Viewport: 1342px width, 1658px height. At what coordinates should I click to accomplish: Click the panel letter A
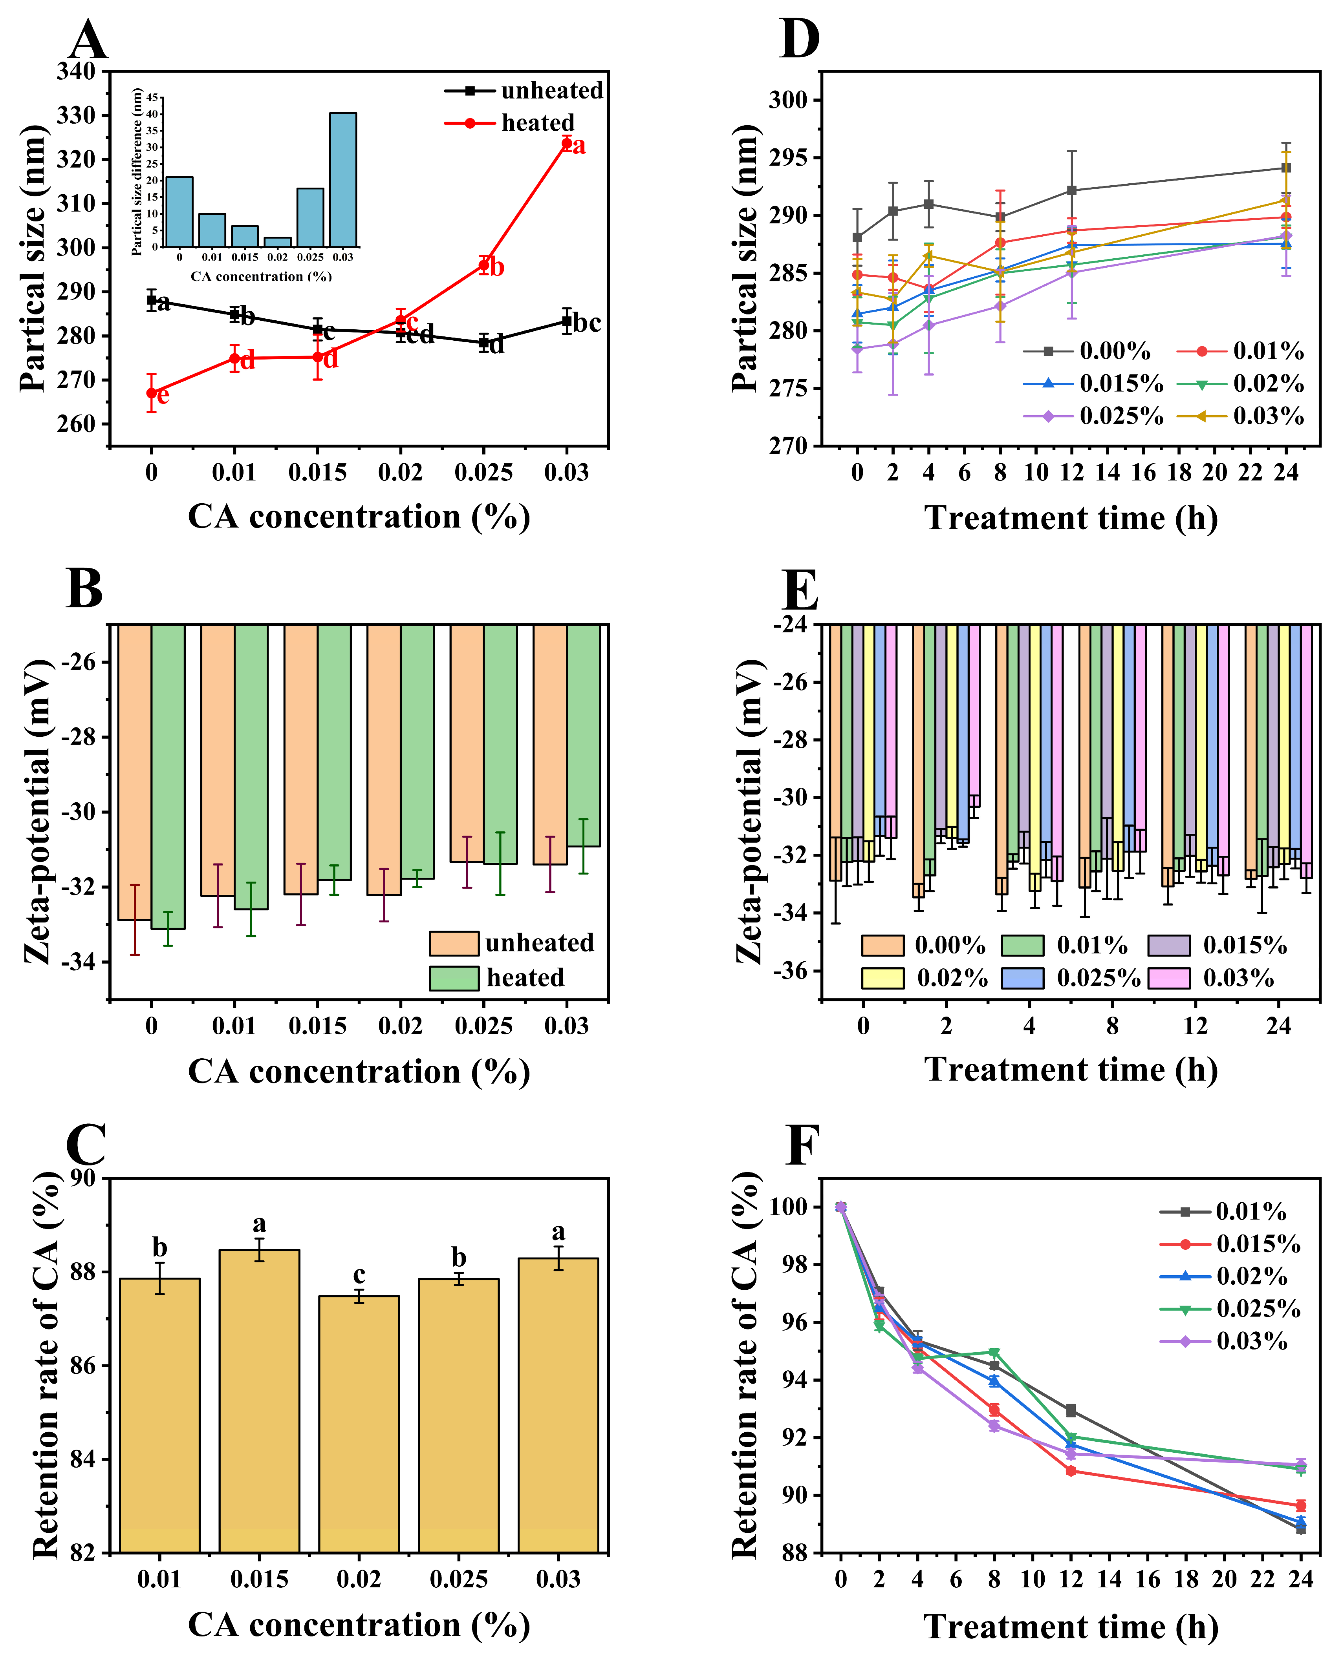pos(87,40)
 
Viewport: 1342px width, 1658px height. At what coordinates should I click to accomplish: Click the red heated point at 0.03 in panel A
pos(567,143)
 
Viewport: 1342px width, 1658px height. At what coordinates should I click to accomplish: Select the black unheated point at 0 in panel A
pos(152,300)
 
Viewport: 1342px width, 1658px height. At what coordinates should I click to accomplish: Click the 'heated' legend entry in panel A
pos(537,123)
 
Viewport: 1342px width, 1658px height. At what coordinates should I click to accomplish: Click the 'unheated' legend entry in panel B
pos(539,943)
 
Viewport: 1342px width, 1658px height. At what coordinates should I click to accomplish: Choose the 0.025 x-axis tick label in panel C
pos(458,1578)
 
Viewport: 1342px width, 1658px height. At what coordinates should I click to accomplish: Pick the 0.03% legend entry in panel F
pos(1252,1341)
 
